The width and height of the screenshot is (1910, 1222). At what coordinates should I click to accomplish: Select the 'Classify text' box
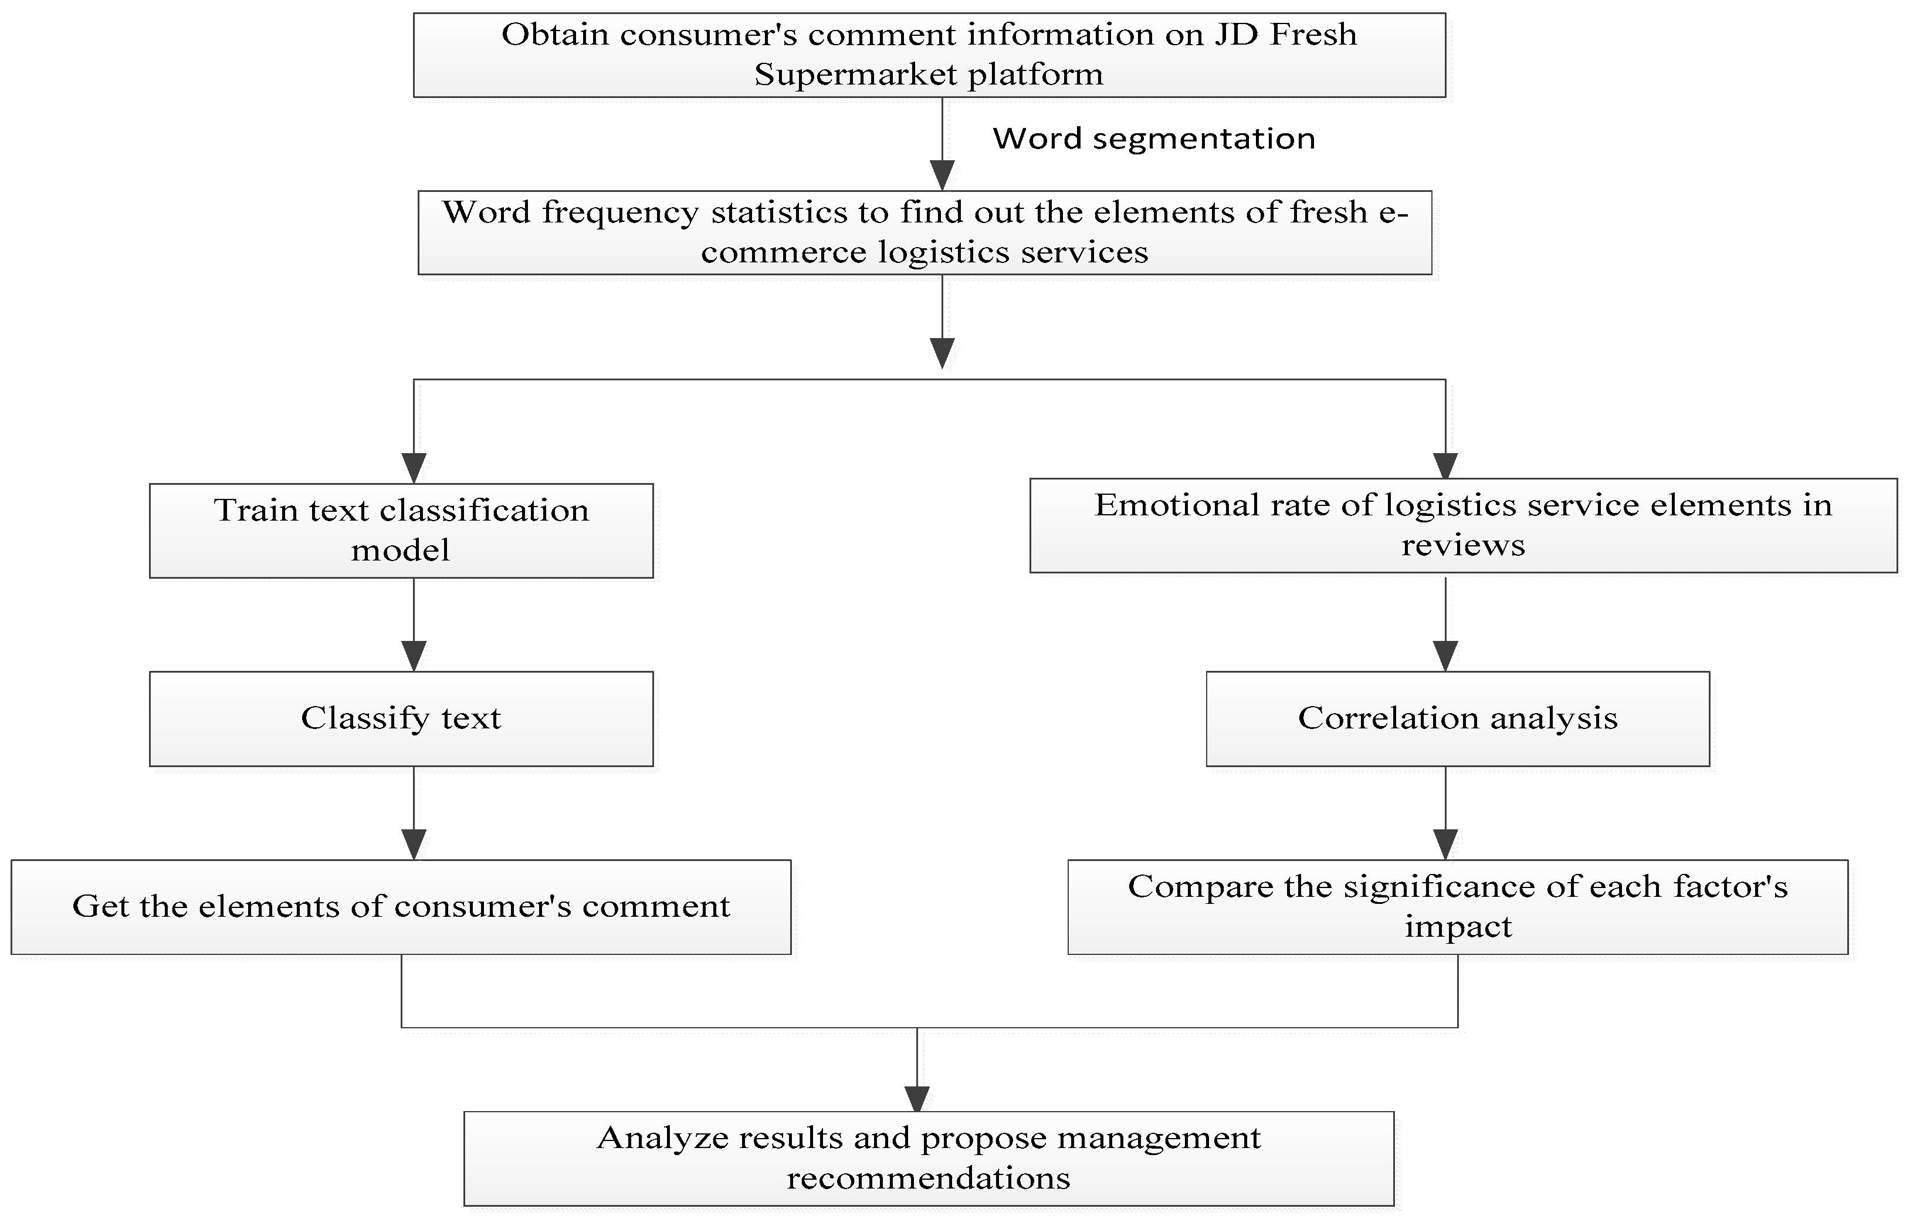401,719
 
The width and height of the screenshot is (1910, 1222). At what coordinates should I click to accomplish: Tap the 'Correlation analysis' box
1458,719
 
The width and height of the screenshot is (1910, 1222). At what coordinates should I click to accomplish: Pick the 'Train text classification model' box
401,531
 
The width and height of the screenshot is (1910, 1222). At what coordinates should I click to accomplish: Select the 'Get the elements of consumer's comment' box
401,907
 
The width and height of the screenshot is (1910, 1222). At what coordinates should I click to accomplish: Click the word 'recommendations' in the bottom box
928,1179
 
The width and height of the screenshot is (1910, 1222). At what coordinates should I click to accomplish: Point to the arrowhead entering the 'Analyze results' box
917,1098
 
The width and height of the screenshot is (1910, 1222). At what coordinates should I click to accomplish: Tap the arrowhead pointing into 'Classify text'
414,656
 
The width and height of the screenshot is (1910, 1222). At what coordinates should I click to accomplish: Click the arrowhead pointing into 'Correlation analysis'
1445,656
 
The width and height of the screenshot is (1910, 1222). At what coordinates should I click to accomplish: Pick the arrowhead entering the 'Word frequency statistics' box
942,174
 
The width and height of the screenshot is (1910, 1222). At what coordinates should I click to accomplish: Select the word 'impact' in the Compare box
1458,927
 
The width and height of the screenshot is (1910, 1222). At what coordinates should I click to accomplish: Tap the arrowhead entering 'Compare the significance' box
1445,843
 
